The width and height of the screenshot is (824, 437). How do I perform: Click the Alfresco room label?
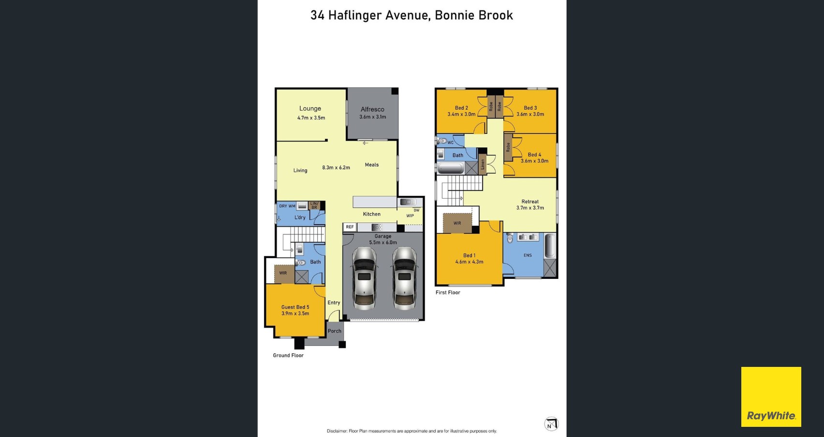(372, 109)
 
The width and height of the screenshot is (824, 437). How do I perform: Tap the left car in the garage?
(364, 278)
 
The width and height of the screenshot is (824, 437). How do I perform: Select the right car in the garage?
(404, 278)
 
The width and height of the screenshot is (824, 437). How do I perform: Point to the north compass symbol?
(551, 424)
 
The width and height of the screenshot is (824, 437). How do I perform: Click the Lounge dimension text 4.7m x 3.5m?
(311, 118)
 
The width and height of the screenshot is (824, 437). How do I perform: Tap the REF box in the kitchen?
(350, 227)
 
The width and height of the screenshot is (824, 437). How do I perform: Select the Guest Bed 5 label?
(295, 307)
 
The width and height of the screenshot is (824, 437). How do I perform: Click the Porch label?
(335, 331)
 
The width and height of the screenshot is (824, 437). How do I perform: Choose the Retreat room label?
(530, 202)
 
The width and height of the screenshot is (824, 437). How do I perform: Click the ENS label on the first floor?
(528, 255)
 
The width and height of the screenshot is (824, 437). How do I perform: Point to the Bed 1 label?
(469, 255)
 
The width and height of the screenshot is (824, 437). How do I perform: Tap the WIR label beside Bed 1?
(457, 223)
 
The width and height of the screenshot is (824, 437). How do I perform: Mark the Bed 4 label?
(534, 155)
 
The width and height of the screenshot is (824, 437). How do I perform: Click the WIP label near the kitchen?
(410, 216)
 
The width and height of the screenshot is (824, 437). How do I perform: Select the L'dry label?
(300, 218)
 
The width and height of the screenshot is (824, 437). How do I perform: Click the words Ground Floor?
(288, 355)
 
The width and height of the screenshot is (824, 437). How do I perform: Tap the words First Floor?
(448, 292)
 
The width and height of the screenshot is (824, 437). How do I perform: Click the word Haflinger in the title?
(355, 15)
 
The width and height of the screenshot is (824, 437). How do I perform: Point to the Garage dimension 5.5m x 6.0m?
(383, 243)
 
